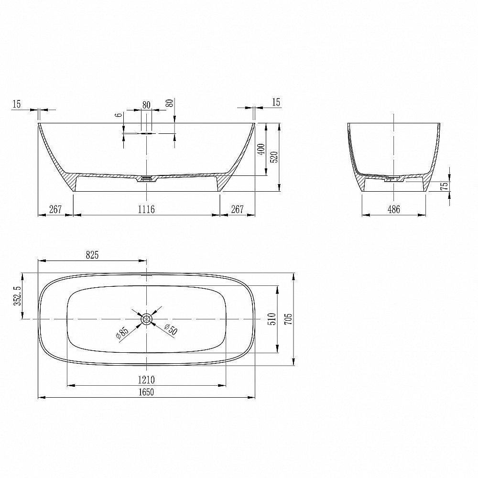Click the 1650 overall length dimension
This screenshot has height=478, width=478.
pyautogui.click(x=146, y=392)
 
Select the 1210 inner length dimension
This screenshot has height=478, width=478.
pyautogui.click(x=146, y=380)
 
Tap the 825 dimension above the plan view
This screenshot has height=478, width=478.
pyautogui.click(x=92, y=255)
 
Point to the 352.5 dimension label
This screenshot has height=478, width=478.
pyautogui.click(x=18, y=296)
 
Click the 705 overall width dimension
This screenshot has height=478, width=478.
pyautogui.click(x=288, y=319)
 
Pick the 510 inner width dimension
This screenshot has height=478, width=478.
pyautogui.click(x=272, y=319)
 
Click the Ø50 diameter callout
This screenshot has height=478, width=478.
pyautogui.click(x=171, y=329)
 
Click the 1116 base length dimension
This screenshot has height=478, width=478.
pyautogui.click(x=146, y=209)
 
